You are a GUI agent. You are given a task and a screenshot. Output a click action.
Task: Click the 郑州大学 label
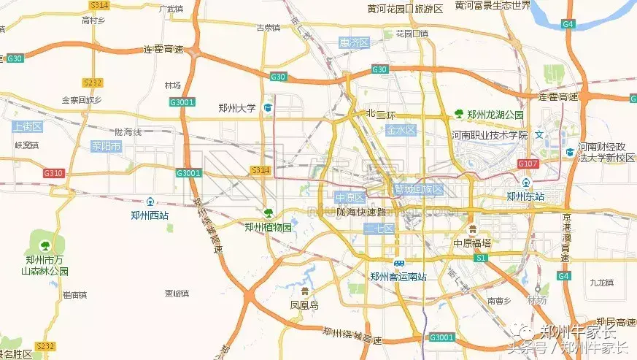[237, 108]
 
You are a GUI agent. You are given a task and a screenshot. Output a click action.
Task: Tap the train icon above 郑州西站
[150, 202]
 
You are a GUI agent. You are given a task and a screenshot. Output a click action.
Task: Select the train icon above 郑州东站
[525, 182]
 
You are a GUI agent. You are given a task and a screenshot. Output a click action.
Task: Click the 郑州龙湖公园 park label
[495, 114]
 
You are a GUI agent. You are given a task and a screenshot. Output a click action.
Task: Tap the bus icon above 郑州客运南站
[398, 263]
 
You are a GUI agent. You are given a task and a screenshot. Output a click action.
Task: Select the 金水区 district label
[401, 130]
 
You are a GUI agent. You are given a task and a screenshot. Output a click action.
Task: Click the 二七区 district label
[379, 229]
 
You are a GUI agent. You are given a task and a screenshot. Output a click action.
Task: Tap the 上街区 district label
[28, 126]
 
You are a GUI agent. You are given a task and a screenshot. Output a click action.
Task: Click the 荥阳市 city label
[106, 146]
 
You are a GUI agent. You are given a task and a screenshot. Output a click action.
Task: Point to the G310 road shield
[53, 173]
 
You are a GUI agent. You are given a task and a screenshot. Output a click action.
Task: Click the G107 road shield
[528, 164]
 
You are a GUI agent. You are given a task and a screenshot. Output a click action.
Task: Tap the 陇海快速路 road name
[360, 212]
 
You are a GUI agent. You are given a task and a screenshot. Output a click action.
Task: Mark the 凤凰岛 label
[304, 305]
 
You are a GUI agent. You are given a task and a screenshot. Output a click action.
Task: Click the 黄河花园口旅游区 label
[406, 9]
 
